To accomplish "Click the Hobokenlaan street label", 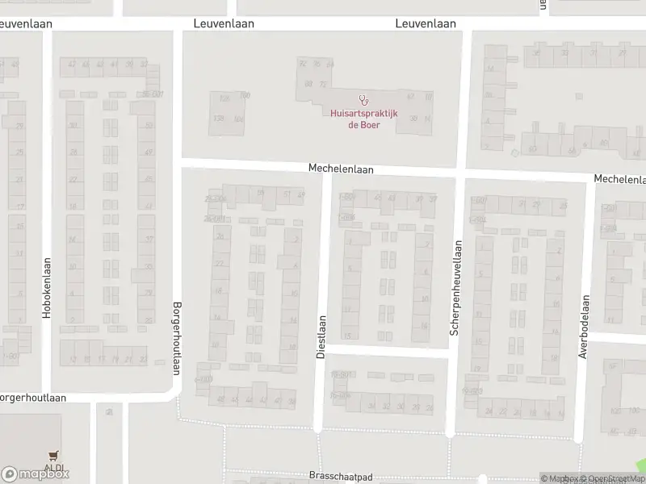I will point(47,286).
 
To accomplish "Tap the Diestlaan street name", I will point(321,337).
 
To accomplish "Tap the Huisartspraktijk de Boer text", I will point(363,119).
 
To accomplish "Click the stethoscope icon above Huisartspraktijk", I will point(363,101).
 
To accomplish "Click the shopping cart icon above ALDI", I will point(54,456).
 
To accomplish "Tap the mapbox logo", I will point(36,474).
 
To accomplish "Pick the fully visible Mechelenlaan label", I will point(341,169).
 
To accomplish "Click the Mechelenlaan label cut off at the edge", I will point(619,178).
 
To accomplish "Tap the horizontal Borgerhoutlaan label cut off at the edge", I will point(32,398).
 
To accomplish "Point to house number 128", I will point(225,98).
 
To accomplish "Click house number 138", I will point(217,119).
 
